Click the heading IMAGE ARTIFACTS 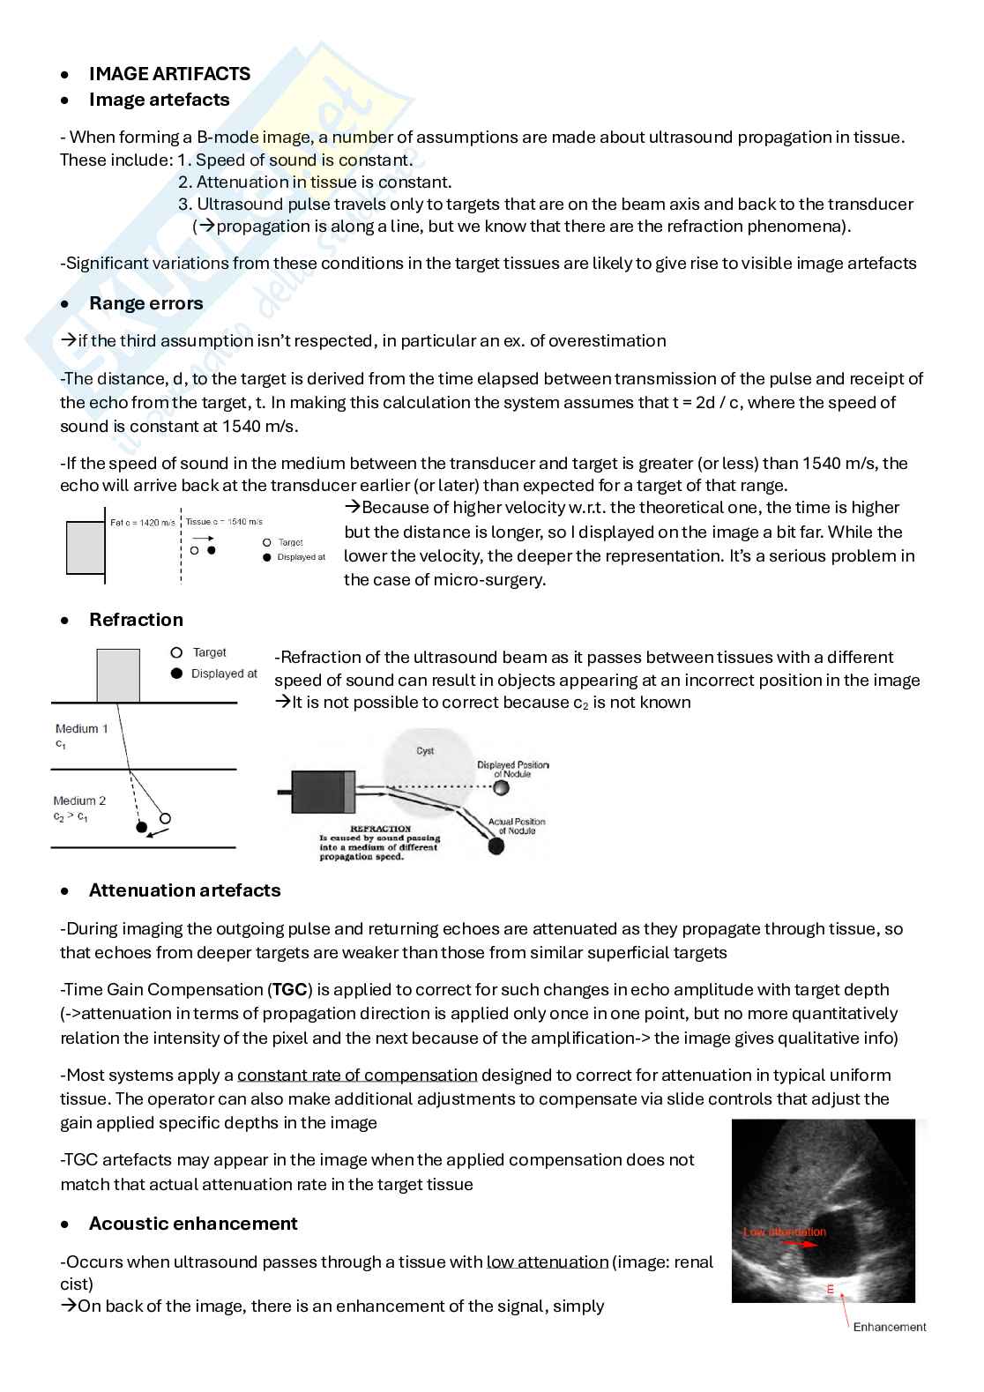point(169,74)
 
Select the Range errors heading point(145,303)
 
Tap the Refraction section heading point(136,620)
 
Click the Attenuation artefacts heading point(184,890)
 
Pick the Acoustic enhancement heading point(192,1224)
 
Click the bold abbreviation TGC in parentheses point(289,990)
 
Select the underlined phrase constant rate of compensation point(357,1076)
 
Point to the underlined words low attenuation point(547,1262)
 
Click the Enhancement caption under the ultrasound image point(889,1327)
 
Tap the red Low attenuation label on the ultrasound point(785,1232)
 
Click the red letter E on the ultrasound point(830,1289)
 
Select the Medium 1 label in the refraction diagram point(81,729)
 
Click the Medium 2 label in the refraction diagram point(79,801)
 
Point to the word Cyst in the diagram point(425,751)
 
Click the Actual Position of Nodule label point(517,826)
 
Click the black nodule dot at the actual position point(496,846)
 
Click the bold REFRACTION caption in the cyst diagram point(381,829)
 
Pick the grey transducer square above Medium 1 point(118,675)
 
